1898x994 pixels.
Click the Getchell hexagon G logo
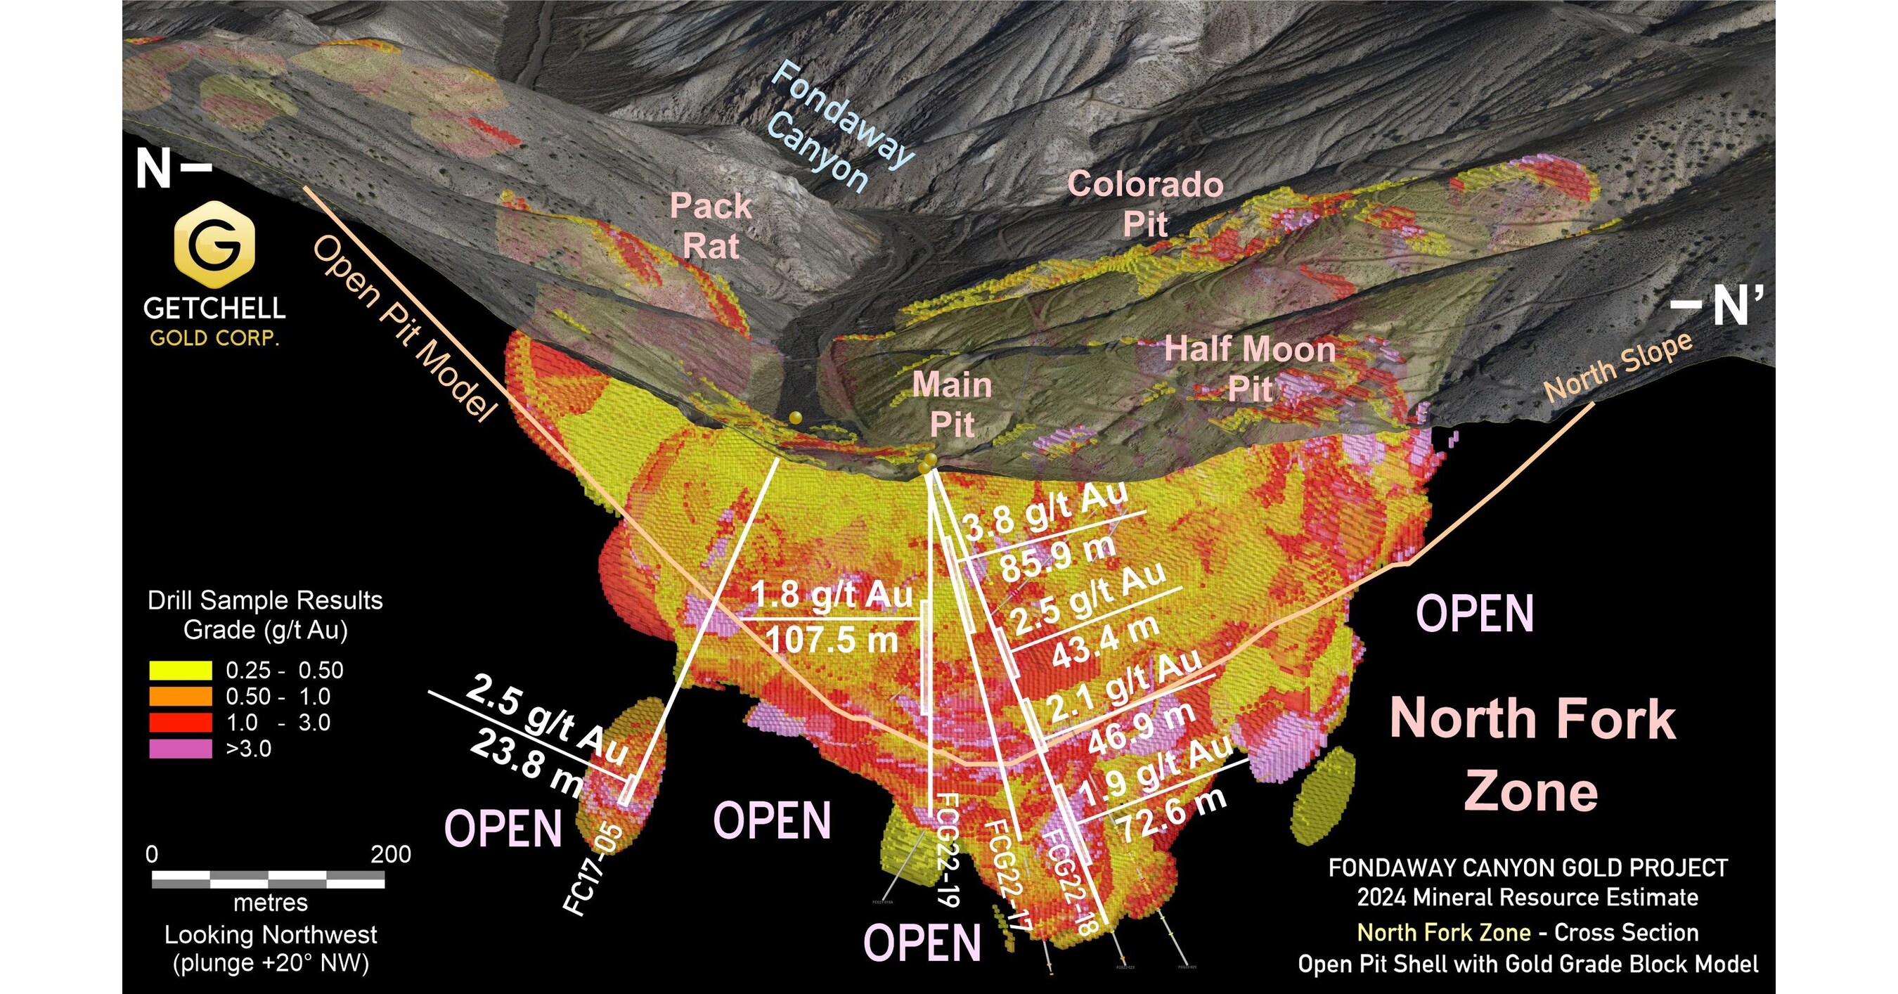coord(214,244)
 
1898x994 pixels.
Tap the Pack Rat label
coord(711,226)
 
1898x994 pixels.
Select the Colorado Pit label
coord(1146,203)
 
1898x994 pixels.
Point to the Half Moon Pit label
coord(1251,368)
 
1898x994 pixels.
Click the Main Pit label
coord(953,404)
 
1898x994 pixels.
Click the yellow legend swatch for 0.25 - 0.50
coord(181,671)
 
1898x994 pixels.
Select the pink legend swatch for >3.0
coord(181,749)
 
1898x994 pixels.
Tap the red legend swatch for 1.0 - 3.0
coord(181,722)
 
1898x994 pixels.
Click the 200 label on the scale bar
coord(392,854)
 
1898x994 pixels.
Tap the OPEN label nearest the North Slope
coord(1476,614)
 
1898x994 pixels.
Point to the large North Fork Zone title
coord(1532,755)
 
